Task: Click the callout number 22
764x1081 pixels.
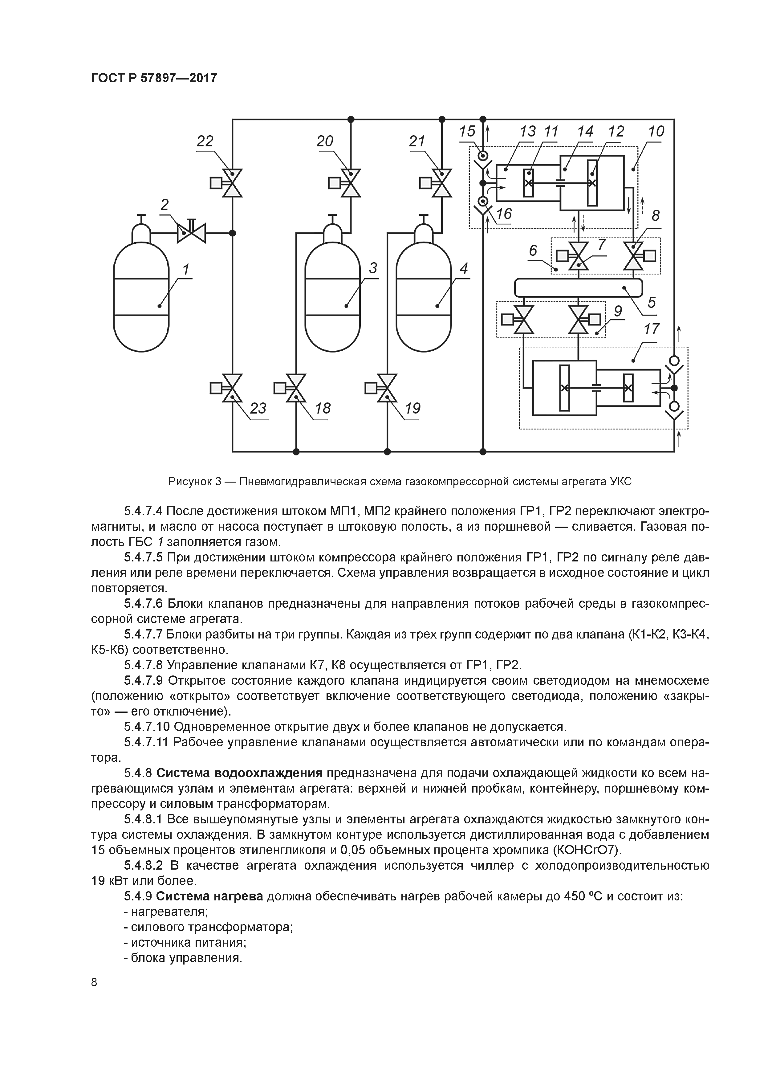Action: (205, 141)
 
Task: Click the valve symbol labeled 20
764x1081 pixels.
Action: (351, 183)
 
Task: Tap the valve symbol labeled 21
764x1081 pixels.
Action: (441, 183)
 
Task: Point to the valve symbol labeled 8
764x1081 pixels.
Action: (634, 256)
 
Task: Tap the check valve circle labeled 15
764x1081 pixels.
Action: (482, 155)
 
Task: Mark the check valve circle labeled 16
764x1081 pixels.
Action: (482, 202)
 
